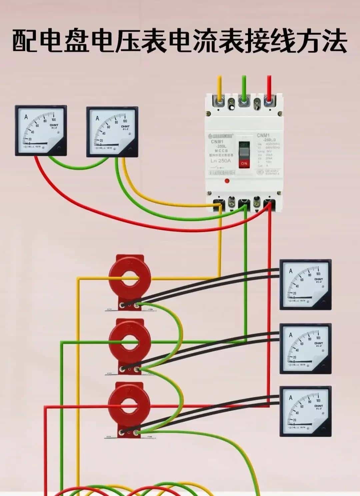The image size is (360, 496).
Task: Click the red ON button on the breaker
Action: (244, 163)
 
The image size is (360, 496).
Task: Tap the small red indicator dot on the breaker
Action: (227, 181)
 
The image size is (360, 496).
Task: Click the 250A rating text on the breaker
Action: (220, 160)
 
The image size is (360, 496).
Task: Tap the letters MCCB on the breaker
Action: (219, 151)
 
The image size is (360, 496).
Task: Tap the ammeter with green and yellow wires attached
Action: (112, 132)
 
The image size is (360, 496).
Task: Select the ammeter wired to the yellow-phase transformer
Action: (305, 285)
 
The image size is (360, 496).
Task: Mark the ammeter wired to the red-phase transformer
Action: (305, 411)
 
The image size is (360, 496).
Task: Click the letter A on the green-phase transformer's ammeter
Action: (291, 335)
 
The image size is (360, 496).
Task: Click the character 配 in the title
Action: (25, 41)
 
